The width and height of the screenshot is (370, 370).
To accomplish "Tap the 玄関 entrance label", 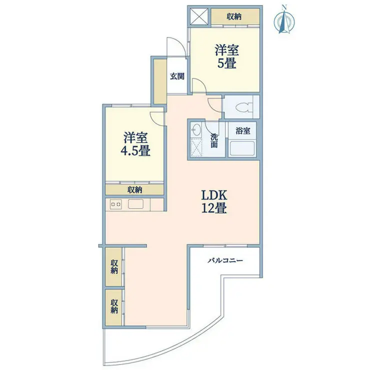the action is point(177,76).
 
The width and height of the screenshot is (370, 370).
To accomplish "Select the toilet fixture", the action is point(243,107).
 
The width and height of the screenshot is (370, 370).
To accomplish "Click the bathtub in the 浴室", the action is point(242,148).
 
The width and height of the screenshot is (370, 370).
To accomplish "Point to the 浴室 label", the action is point(243,130).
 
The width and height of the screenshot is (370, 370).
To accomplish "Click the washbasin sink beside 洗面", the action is point(196,130).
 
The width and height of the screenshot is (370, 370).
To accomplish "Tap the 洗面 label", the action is point(214,140).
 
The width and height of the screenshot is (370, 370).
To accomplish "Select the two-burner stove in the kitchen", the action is point(116,204).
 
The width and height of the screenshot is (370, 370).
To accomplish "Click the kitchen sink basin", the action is point(135,204).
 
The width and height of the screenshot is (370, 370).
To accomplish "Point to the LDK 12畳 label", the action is point(214,202).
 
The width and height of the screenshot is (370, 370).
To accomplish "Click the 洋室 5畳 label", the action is point(227,56).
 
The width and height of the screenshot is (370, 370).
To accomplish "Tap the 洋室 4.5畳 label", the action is point(135,144).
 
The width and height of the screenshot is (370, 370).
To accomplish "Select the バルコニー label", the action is point(225,260).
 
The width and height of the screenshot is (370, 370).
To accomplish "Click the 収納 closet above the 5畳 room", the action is point(235,16).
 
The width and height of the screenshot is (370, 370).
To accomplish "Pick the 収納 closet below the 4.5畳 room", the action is point(134,189).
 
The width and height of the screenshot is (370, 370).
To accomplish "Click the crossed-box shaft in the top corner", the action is point(199,16).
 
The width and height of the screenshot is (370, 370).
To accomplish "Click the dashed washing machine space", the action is point(196,147).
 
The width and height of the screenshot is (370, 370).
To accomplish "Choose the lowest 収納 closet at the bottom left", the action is point(113,307).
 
